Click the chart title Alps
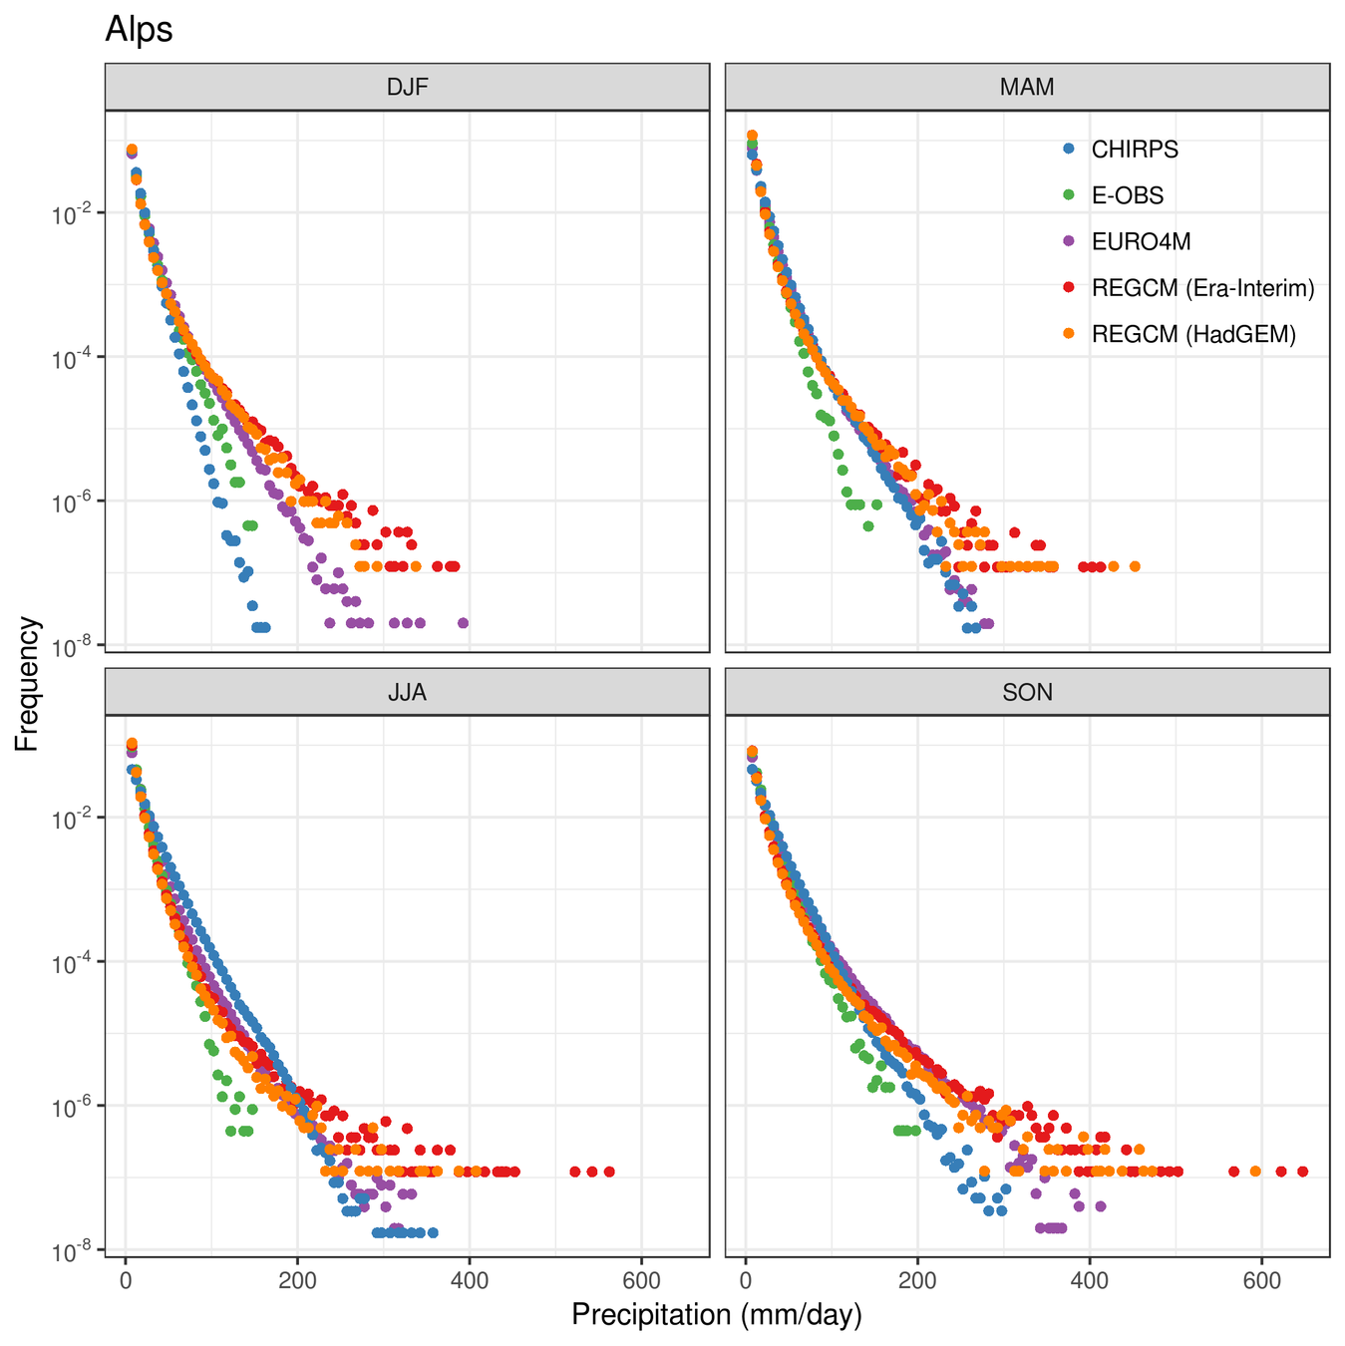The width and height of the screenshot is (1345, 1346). coord(139,30)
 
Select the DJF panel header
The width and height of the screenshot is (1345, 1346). coord(407,87)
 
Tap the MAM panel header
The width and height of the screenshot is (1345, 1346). coord(1027,87)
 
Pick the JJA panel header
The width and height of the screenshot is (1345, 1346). coord(407,692)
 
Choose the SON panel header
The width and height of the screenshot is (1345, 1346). coord(1027,692)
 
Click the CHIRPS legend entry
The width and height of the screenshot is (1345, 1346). coord(1135,150)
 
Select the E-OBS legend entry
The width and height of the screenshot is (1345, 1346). coord(1128,195)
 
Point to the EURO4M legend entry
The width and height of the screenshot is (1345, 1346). coord(1141,241)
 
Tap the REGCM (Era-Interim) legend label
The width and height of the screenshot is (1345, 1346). coord(1202,288)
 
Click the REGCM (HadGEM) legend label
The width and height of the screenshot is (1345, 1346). coord(1193,334)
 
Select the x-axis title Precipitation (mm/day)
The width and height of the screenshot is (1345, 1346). coord(716,1315)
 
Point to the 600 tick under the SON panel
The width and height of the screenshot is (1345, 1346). coord(1261,1278)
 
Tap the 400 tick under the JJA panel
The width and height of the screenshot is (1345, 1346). coord(469,1278)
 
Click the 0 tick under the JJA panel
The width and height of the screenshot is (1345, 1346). coord(126,1278)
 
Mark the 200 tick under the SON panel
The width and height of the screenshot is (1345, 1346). coord(917,1278)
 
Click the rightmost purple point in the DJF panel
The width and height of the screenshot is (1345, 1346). coord(463,623)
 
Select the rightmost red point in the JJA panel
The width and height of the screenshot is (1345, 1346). coord(609,1172)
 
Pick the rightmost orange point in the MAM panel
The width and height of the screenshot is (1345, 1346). coord(1135,566)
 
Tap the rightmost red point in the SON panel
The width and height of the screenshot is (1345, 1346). coord(1302,1172)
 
